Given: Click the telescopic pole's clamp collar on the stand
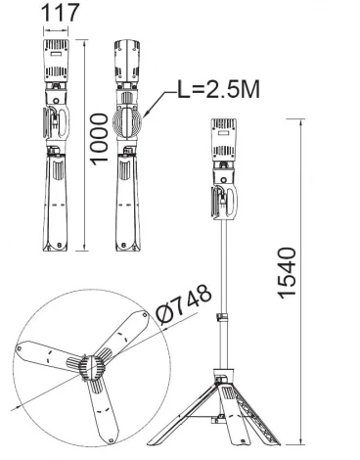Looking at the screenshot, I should point(224,319).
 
